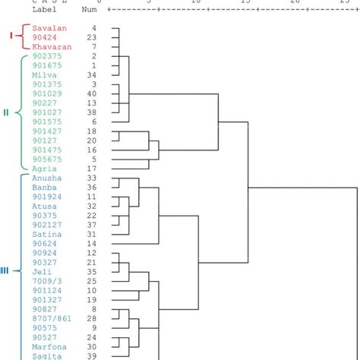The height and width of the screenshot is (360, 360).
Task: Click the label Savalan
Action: point(49,28)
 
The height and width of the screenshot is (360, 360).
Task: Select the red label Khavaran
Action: point(51,46)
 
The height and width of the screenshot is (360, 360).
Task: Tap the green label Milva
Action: point(43,75)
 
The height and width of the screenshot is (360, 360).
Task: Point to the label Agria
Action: point(43,168)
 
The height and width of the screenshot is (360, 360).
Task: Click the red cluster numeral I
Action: point(11,36)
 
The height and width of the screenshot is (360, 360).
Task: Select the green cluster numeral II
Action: point(7,112)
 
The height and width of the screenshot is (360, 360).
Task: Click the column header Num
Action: point(89,10)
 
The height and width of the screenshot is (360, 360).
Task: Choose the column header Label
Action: point(46,10)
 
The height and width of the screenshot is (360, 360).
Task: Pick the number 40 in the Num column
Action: point(92,94)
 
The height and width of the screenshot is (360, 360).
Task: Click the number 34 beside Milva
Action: point(92,75)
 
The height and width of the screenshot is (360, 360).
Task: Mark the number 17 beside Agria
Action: point(92,168)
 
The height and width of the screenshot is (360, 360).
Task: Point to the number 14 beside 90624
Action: point(92,243)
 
